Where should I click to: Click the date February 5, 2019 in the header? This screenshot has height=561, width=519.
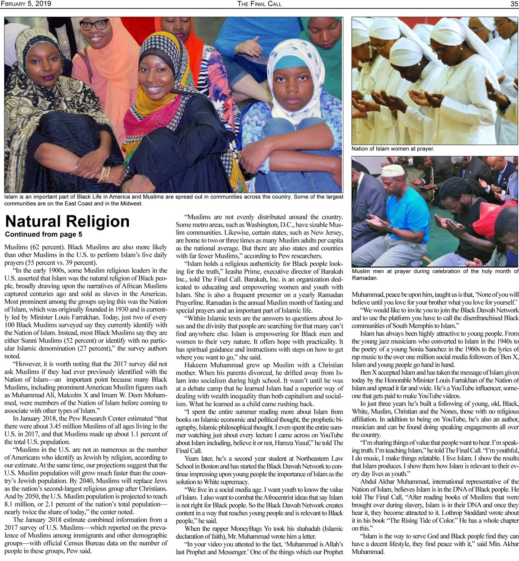[26, 4]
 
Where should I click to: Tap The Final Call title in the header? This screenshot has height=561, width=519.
[259, 4]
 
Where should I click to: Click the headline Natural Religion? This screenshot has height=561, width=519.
[67, 221]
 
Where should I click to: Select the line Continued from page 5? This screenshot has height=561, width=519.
[43, 235]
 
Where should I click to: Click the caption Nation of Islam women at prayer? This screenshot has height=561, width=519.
[393, 149]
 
